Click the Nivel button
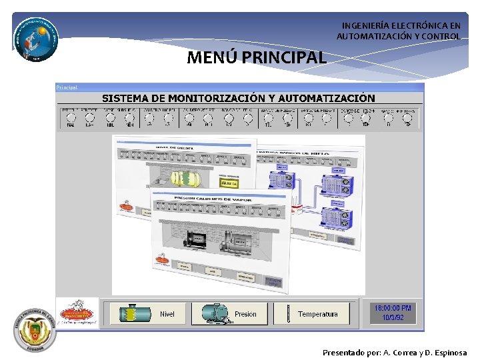coord(167,314)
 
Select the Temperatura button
coord(317,314)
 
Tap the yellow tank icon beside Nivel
coord(131,314)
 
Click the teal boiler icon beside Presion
coord(212,314)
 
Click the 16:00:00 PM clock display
coord(393,308)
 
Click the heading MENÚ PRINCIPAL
coord(257,57)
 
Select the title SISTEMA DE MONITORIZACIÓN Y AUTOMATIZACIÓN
coord(238,98)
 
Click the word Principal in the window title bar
coord(67,87)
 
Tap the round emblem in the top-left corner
coord(35,37)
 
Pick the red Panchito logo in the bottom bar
coord(78,312)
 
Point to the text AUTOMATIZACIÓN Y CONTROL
coord(398,37)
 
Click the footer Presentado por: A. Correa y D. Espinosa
coord(395,353)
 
